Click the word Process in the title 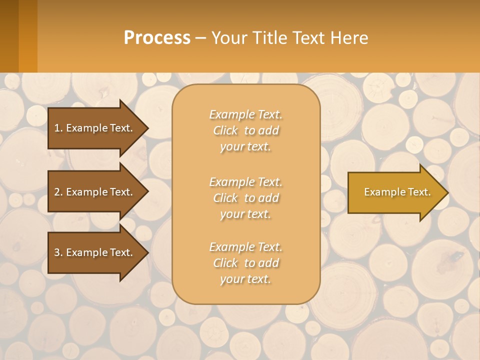pyautogui.click(x=157, y=37)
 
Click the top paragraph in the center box pyautogui.click(x=245, y=130)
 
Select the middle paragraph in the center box pyautogui.click(x=245, y=198)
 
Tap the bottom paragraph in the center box pyautogui.click(x=245, y=263)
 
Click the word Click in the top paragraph pyautogui.click(x=225, y=130)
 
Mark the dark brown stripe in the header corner pyautogui.click(x=9, y=36)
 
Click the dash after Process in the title pyautogui.click(x=200, y=38)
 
